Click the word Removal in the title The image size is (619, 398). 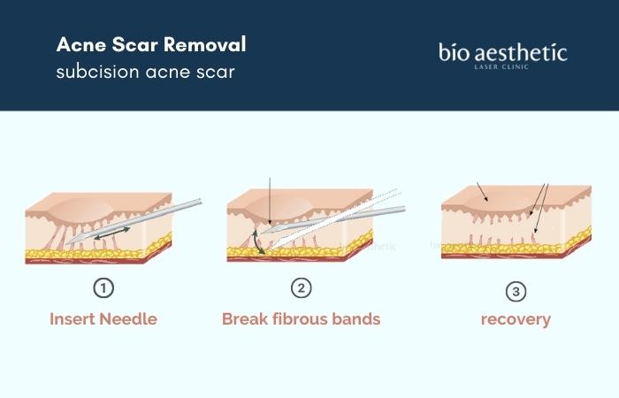[205, 44]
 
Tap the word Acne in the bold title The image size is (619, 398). [81, 44]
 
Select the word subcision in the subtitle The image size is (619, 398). [97, 72]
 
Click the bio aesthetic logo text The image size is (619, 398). [503, 52]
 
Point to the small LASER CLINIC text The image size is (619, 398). [501, 67]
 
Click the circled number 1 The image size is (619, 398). [103, 287]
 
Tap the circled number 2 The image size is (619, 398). [302, 287]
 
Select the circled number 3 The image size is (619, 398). [516, 291]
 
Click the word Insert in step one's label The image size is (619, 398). [73, 319]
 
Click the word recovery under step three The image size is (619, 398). [516, 320]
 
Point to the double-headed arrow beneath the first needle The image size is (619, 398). [112, 233]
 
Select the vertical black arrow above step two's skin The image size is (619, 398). [270, 203]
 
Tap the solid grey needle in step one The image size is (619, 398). [134, 221]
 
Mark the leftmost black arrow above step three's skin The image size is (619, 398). [483, 192]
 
